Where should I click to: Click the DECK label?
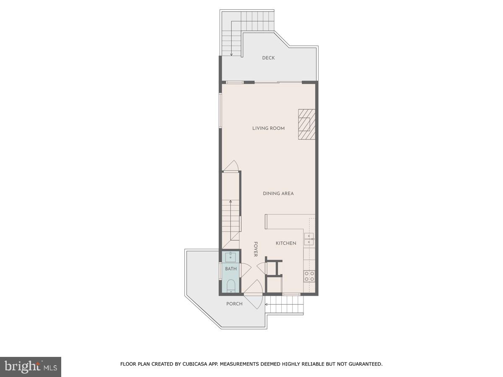(268, 58)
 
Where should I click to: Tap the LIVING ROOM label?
(268, 128)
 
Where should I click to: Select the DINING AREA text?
(278, 194)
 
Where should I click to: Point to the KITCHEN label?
(286, 243)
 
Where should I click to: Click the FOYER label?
(255, 249)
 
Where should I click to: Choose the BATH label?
(231, 269)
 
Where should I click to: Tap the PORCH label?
(234, 304)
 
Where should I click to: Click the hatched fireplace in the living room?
(306, 124)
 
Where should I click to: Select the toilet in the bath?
(231, 286)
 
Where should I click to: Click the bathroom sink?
(231, 257)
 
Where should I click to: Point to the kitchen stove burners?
(309, 276)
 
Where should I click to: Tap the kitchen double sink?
(309, 239)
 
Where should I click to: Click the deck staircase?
(232, 40)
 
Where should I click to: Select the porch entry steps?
(285, 305)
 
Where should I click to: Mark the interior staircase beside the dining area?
(231, 218)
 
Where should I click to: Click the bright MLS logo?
(31, 367)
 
